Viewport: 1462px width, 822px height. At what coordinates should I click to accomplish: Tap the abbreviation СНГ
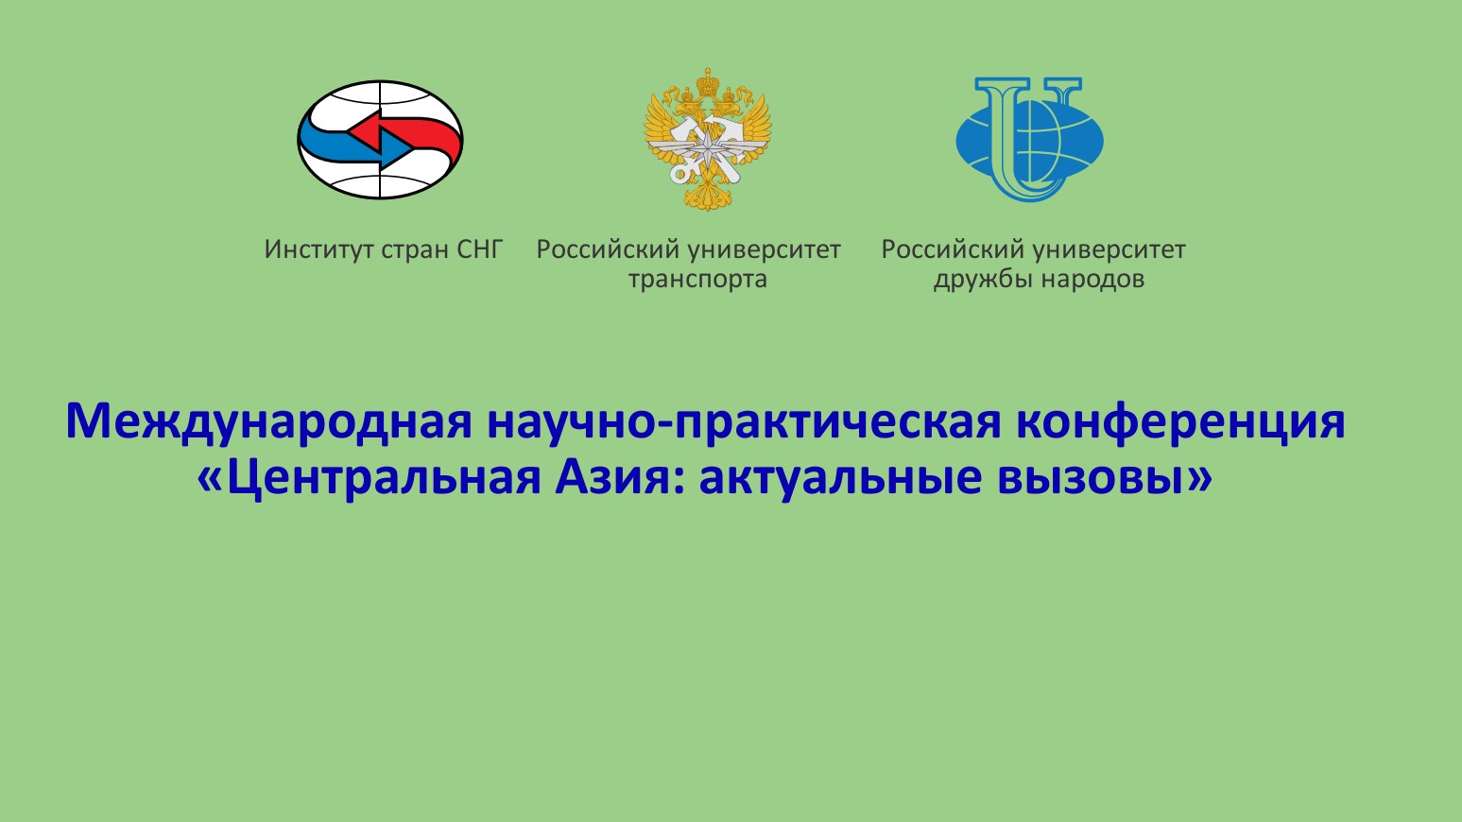pyautogui.click(x=480, y=249)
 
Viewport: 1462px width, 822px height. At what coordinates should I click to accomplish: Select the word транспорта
pyautogui.click(x=697, y=280)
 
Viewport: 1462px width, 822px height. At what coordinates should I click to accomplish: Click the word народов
pyautogui.click(x=1092, y=280)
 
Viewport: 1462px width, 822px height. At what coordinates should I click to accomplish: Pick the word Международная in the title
pyautogui.click(x=268, y=422)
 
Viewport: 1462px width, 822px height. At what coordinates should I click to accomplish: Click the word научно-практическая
pyautogui.click(x=744, y=422)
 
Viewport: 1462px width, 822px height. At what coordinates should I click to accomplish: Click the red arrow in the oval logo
pyautogui.click(x=404, y=134)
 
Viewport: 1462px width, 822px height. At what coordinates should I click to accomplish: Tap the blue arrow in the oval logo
pyautogui.click(x=355, y=146)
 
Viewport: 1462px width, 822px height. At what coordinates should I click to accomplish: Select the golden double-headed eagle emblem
pyautogui.click(x=708, y=139)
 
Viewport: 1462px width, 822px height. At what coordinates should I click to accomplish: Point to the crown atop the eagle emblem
pyautogui.click(x=707, y=82)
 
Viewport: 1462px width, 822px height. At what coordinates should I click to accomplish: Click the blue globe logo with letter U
pyautogui.click(x=1030, y=139)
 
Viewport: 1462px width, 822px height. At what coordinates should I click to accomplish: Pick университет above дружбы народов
pyautogui.click(x=1110, y=249)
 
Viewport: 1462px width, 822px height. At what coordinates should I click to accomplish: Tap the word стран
pyautogui.click(x=415, y=250)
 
